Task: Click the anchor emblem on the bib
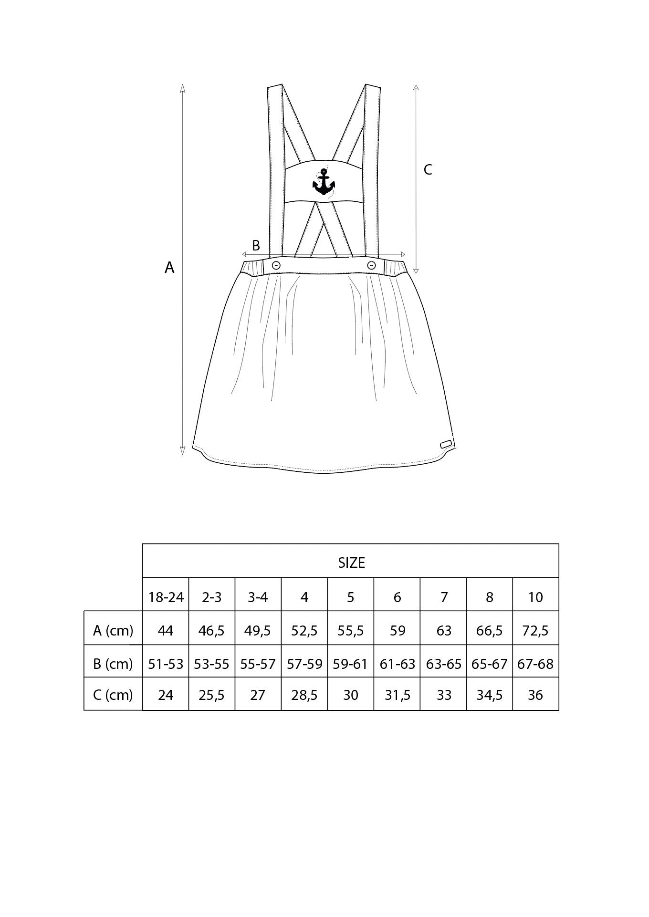324,183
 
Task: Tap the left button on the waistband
276,265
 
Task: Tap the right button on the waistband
371,265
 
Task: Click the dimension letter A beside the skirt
169,268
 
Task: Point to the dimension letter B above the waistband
256,245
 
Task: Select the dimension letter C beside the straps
428,169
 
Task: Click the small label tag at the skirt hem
446,444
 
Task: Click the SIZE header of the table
351,563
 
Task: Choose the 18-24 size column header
166,597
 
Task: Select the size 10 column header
535,597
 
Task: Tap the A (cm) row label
113,631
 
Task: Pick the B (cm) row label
113,664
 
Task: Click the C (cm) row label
113,695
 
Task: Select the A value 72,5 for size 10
535,631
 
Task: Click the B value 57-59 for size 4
304,664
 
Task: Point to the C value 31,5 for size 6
398,695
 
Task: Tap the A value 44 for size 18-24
166,631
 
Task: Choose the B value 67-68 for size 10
535,664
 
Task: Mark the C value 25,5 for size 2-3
212,695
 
